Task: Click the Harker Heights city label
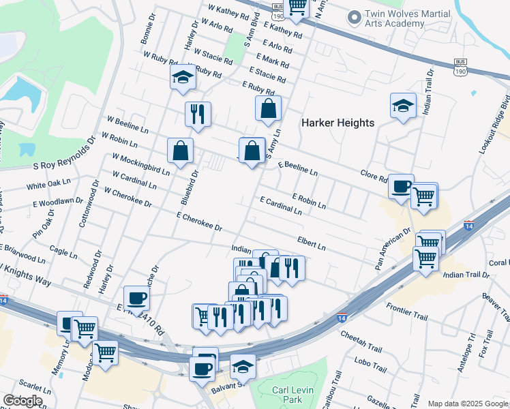coord(338,123)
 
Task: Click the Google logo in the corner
coord(22,401)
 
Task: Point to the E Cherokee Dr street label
coord(199,222)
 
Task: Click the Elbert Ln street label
coord(311,243)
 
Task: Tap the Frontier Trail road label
coord(406,307)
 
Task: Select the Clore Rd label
coord(374,177)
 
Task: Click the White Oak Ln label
coord(48,185)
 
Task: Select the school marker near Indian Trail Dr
coord(403,105)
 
